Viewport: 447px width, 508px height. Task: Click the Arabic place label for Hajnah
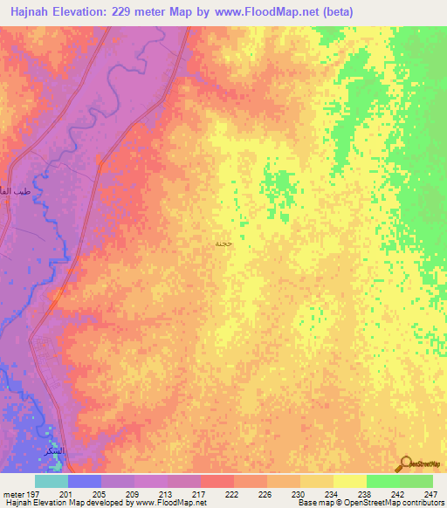click(x=223, y=243)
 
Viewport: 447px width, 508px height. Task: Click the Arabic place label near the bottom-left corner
click(x=54, y=451)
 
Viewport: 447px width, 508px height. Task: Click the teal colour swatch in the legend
click(x=51, y=481)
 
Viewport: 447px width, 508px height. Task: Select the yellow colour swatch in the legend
click(x=349, y=481)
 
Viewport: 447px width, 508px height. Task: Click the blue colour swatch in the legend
click(x=84, y=481)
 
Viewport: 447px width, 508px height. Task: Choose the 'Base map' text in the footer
click(x=315, y=503)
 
